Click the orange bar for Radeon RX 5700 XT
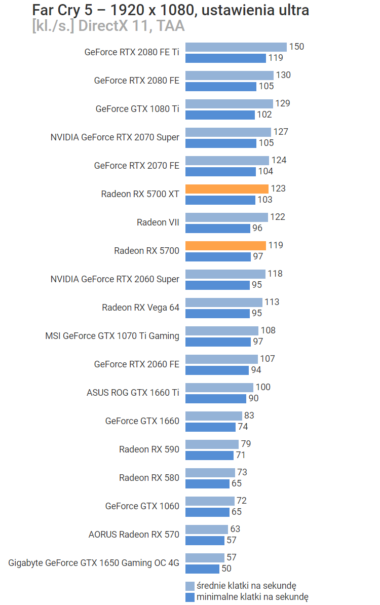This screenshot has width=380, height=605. click(226, 188)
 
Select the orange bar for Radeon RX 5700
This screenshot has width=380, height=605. click(225, 245)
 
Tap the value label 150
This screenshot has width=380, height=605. click(296, 47)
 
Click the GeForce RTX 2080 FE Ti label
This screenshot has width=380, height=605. click(132, 52)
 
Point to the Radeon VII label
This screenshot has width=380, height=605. click(158, 222)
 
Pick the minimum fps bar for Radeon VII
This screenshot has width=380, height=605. click(218, 229)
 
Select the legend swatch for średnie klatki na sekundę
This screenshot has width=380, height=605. click(190, 586)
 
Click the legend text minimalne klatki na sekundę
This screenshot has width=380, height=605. click(252, 597)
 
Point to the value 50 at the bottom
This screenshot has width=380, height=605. click(226, 569)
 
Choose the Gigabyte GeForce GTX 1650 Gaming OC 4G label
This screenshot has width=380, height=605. click(94, 563)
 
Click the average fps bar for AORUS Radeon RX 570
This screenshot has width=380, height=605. click(206, 529)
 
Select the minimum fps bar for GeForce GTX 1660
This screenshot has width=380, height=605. click(210, 427)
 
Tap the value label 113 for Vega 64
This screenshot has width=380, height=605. click(272, 302)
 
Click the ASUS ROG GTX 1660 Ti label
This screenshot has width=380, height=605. click(133, 393)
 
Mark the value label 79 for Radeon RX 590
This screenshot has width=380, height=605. click(246, 444)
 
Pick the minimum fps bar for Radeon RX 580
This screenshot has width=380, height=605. click(207, 484)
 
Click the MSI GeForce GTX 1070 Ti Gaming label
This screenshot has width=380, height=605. click(112, 336)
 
